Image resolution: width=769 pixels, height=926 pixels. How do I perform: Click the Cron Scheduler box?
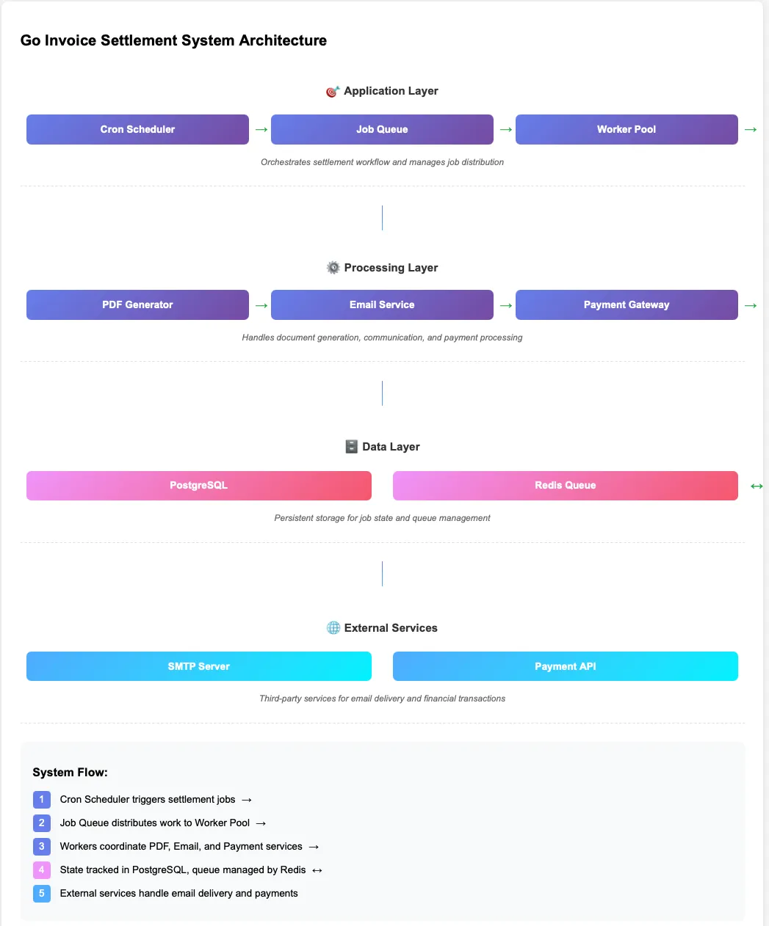click(137, 129)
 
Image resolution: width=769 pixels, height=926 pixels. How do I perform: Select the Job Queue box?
click(382, 129)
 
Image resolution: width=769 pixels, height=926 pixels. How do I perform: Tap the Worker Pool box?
click(627, 129)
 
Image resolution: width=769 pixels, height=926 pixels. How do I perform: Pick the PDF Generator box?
click(137, 305)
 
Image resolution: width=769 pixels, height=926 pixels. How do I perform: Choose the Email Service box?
click(382, 305)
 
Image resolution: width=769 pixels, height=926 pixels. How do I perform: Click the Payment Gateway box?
click(627, 305)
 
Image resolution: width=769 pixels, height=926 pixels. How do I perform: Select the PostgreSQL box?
click(198, 485)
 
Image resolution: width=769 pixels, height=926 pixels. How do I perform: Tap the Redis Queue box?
click(565, 485)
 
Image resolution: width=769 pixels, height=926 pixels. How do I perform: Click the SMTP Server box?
click(198, 666)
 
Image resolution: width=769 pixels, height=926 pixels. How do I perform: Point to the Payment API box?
click(565, 666)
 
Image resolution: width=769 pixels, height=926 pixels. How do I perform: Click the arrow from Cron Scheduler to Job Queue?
click(261, 130)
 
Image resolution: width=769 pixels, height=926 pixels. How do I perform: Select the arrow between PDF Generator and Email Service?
click(261, 305)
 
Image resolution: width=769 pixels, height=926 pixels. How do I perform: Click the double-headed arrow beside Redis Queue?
click(757, 486)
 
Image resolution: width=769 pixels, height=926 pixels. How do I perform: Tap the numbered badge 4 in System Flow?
click(42, 870)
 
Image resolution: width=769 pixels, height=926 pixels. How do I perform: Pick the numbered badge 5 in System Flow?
click(42, 893)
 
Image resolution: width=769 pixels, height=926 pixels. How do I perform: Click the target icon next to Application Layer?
click(333, 91)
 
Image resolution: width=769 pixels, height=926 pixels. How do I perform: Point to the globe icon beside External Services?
click(333, 628)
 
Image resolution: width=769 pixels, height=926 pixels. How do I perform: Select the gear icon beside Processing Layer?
click(333, 268)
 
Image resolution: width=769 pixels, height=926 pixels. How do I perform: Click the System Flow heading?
click(71, 772)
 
